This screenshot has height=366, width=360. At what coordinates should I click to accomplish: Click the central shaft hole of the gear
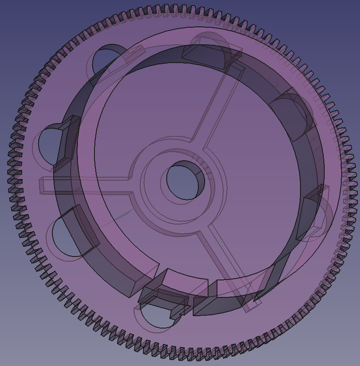(x=185, y=180)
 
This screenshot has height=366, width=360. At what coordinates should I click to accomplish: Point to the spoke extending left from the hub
(x=86, y=185)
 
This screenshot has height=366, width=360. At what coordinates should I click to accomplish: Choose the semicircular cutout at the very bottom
(x=157, y=316)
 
